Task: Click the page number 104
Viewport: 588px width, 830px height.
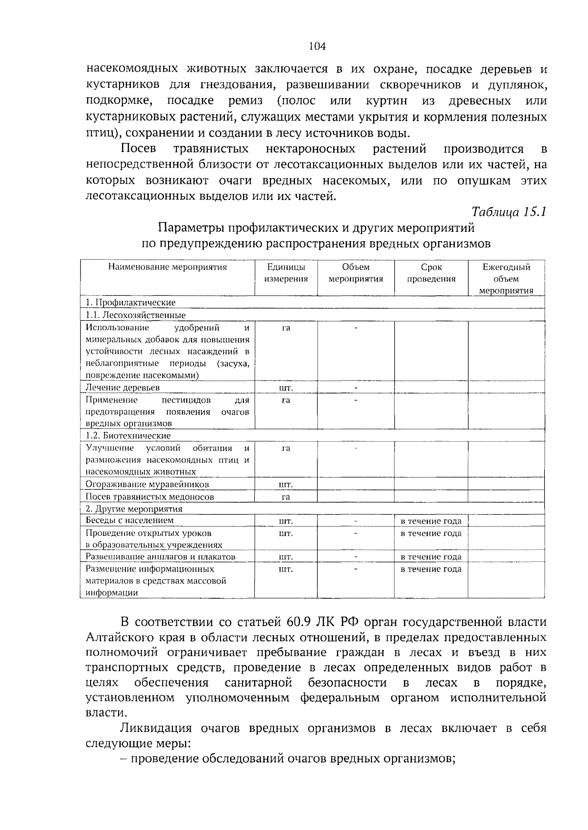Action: tap(318, 47)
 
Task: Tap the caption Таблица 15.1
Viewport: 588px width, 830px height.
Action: tap(509, 212)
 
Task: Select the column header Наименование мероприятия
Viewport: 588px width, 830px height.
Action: tap(168, 267)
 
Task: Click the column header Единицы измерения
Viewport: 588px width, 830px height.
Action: tap(286, 273)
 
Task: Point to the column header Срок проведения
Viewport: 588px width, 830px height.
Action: tap(431, 273)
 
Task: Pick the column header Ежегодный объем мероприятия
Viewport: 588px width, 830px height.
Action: tap(506, 278)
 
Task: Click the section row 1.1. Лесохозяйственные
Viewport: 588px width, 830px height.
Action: tap(136, 315)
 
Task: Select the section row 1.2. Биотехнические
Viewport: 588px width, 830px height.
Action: tap(128, 435)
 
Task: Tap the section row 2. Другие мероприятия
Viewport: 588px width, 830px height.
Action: tap(134, 509)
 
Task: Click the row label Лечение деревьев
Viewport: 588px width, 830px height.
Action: tap(123, 388)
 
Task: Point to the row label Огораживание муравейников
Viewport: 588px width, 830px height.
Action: tap(147, 484)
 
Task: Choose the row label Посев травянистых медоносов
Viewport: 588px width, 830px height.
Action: tap(150, 497)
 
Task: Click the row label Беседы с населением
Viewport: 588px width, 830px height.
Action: tap(130, 521)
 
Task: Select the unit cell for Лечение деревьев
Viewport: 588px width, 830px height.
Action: tap(286, 388)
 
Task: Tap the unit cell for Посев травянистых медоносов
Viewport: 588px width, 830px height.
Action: tap(286, 497)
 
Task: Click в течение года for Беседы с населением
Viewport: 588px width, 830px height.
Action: tap(431, 521)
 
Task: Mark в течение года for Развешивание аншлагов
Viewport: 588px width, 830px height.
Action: tap(431, 557)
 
